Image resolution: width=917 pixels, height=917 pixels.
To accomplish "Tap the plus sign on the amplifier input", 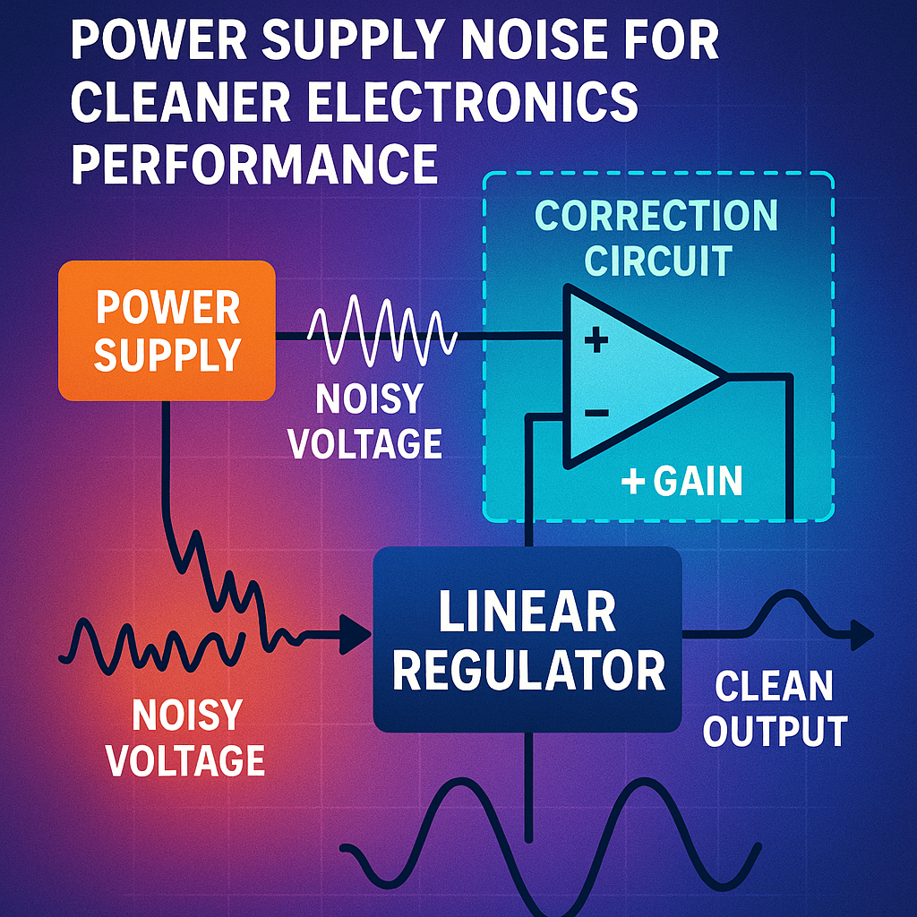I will (x=596, y=340).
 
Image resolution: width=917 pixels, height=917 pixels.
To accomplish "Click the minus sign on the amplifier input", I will (x=596, y=413).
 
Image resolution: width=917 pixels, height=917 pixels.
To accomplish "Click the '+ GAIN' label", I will (x=682, y=482).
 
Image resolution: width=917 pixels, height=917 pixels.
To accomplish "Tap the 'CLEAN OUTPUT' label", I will (x=774, y=708).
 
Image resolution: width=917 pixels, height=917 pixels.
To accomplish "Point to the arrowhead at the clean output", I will (x=861, y=635).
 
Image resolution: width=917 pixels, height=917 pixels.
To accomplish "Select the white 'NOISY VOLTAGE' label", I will (x=368, y=420).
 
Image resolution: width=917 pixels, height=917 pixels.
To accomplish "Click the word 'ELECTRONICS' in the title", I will (x=475, y=103).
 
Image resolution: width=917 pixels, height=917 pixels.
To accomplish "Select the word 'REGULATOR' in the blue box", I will (x=528, y=669).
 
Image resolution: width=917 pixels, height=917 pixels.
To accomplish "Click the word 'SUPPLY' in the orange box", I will (x=167, y=355).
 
